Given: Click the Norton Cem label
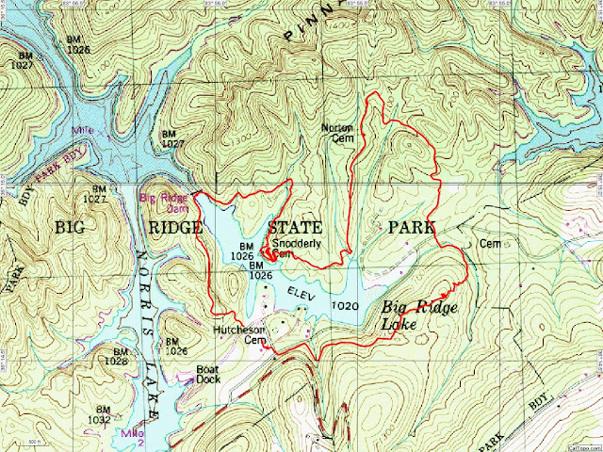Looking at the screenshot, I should click(x=335, y=132).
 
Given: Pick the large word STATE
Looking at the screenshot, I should click(x=294, y=228).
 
